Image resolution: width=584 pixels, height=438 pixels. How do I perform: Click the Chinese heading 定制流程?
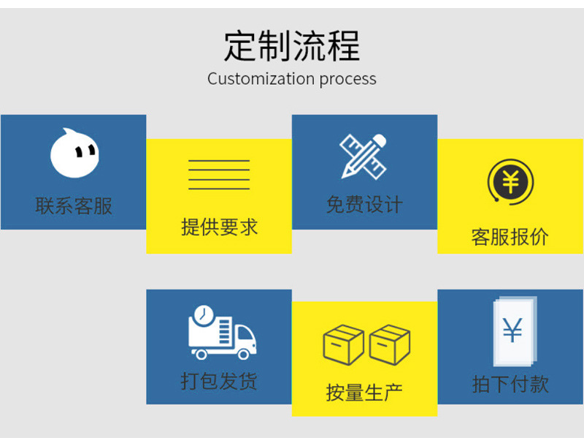(x=291, y=45)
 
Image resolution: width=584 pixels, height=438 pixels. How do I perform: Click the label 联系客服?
(x=74, y=205)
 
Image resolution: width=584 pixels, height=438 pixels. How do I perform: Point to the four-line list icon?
(x=219, y=174)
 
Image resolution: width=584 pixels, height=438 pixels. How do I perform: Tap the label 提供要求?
(x=219, y=227)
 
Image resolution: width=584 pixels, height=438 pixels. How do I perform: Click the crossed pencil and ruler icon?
(x=364, y=155)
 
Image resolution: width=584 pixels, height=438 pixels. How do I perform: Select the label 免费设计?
(x=364, y=205)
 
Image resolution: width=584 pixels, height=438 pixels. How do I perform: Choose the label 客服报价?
(x=510, y=237)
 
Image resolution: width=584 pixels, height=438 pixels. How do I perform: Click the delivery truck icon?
(x=222, y=333)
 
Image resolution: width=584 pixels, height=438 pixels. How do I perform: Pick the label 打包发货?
(x=219, y=381)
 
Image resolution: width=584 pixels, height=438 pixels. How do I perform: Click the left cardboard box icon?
(x=343, y=345)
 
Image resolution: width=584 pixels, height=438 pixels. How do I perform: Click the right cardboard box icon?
(x=390, y=345)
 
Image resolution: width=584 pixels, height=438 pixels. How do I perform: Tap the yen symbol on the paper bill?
(x=512, y=331)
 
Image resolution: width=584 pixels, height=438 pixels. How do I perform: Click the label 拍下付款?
(x=510, y=384)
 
